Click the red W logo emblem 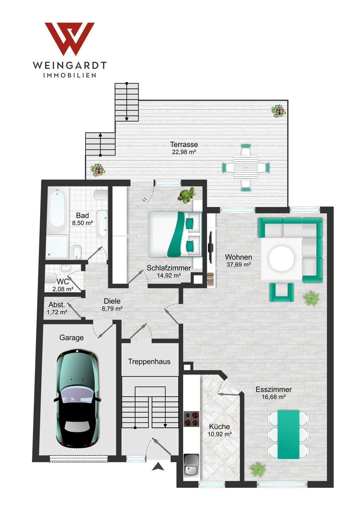(69, 39)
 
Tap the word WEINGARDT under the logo (69, 65)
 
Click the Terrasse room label (184, 144)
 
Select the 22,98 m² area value (184, 152)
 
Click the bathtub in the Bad (57, 211)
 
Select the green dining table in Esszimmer (288, 434)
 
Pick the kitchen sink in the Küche (191, 465)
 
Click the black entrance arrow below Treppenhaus (158, 467)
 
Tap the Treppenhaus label (149, 362)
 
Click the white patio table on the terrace (245, 167)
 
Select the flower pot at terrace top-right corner (279, 111)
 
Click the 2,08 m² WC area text (63, 289)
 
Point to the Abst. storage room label (57, 305)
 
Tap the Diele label (112, 301)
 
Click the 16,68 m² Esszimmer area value (273, 397)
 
